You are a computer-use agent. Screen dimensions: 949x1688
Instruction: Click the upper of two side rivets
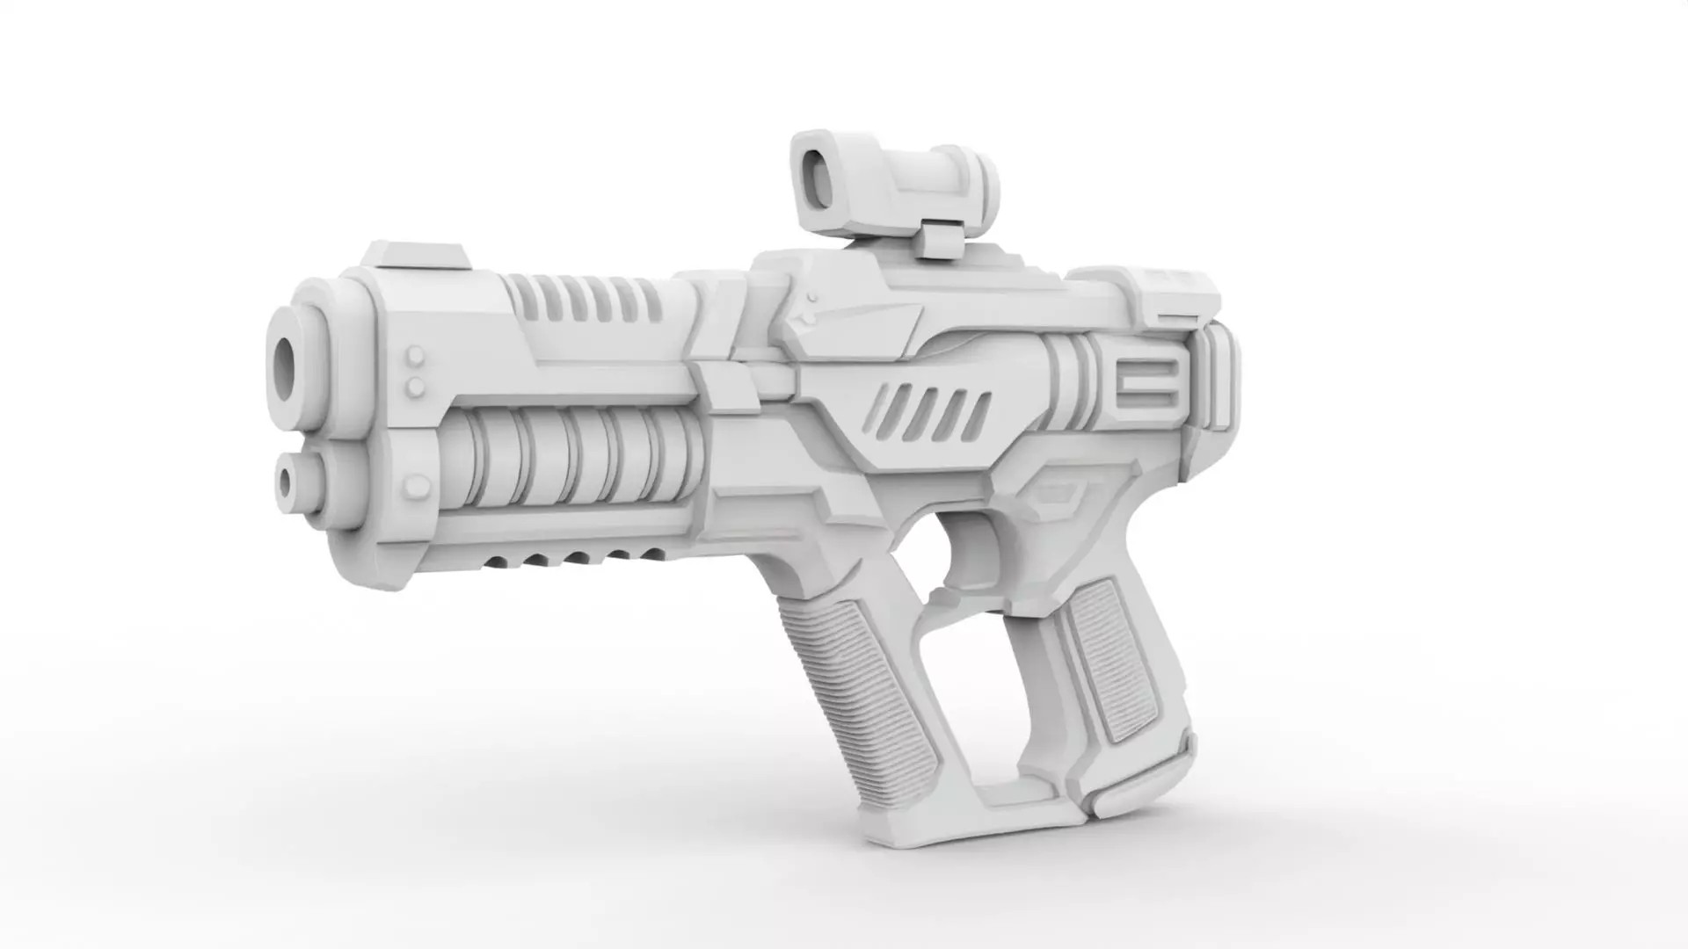[416, 357]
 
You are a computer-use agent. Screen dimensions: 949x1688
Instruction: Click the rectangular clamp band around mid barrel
[725, 387]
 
